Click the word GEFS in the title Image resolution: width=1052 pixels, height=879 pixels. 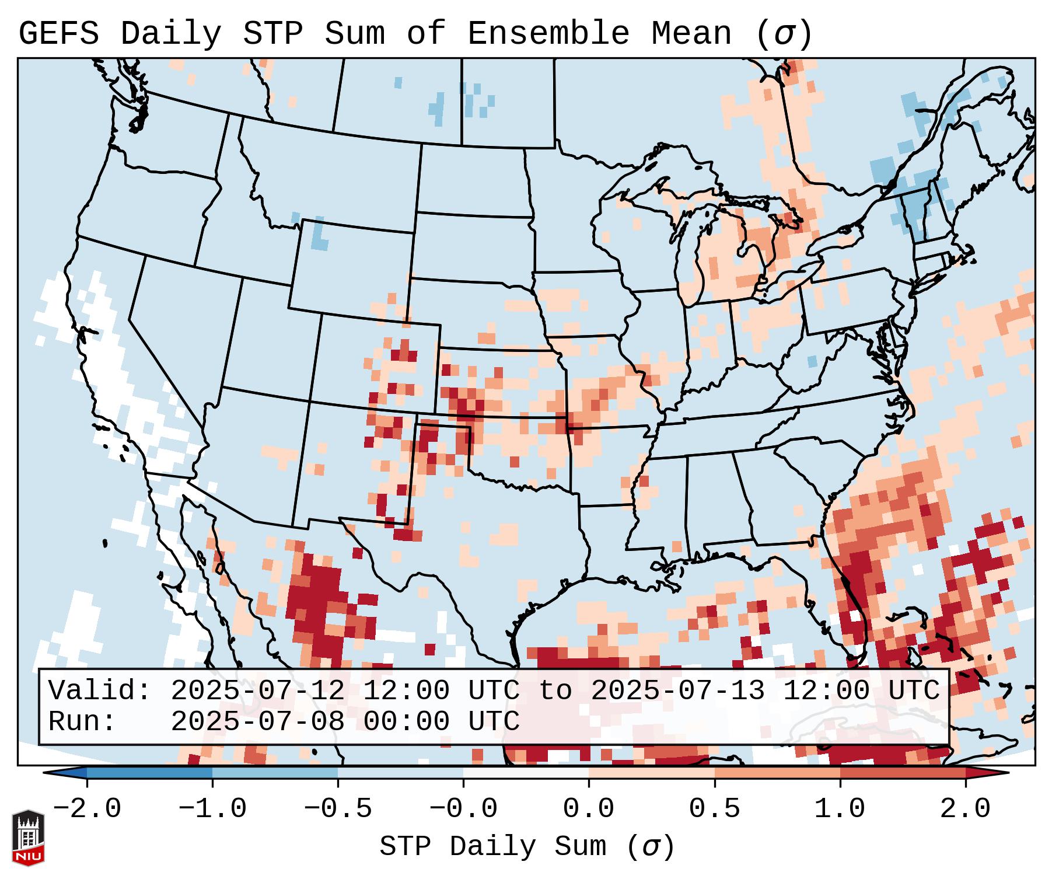58,34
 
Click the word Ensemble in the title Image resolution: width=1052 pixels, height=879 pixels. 548,34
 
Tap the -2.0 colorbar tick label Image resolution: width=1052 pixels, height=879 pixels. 87,809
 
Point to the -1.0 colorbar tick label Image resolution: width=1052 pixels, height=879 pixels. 212,809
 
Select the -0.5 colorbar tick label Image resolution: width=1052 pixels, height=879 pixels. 338,809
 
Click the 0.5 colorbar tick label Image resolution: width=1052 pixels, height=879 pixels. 714,809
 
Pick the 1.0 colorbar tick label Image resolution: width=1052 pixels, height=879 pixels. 840,809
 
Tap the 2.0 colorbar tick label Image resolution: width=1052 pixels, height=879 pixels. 965,809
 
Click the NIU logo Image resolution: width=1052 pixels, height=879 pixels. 28,837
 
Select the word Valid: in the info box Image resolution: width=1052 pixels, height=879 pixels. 100,691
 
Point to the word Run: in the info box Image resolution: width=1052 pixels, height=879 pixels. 82,722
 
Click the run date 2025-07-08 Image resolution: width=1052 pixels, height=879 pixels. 257,722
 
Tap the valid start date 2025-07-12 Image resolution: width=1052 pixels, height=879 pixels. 257,691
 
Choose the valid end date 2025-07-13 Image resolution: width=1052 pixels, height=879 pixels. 677,691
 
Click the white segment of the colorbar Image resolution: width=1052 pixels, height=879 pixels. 526,773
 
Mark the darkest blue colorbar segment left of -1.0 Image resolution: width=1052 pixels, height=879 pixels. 149,773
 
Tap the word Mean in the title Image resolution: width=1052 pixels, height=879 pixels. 691,34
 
